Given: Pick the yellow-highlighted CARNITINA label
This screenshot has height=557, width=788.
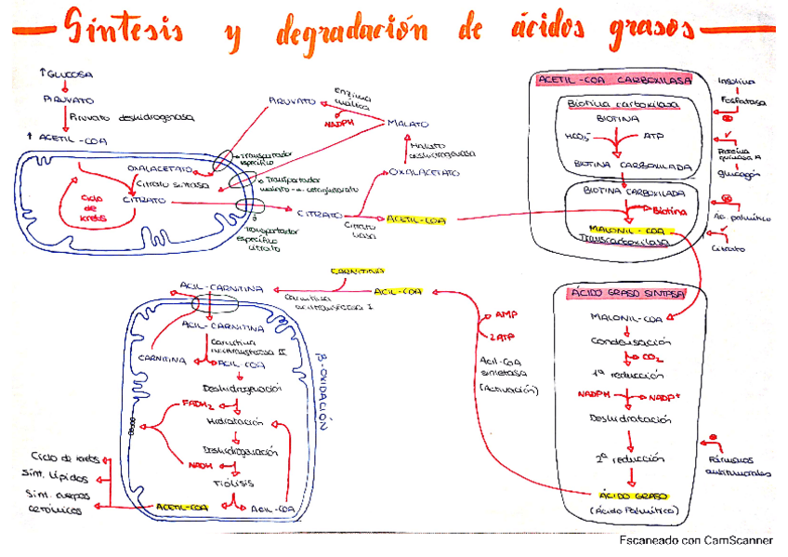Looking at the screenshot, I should pyautogui.click(x=355, y=272).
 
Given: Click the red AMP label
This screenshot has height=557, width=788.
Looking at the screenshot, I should pyautogui.click(x=506, y=314).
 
